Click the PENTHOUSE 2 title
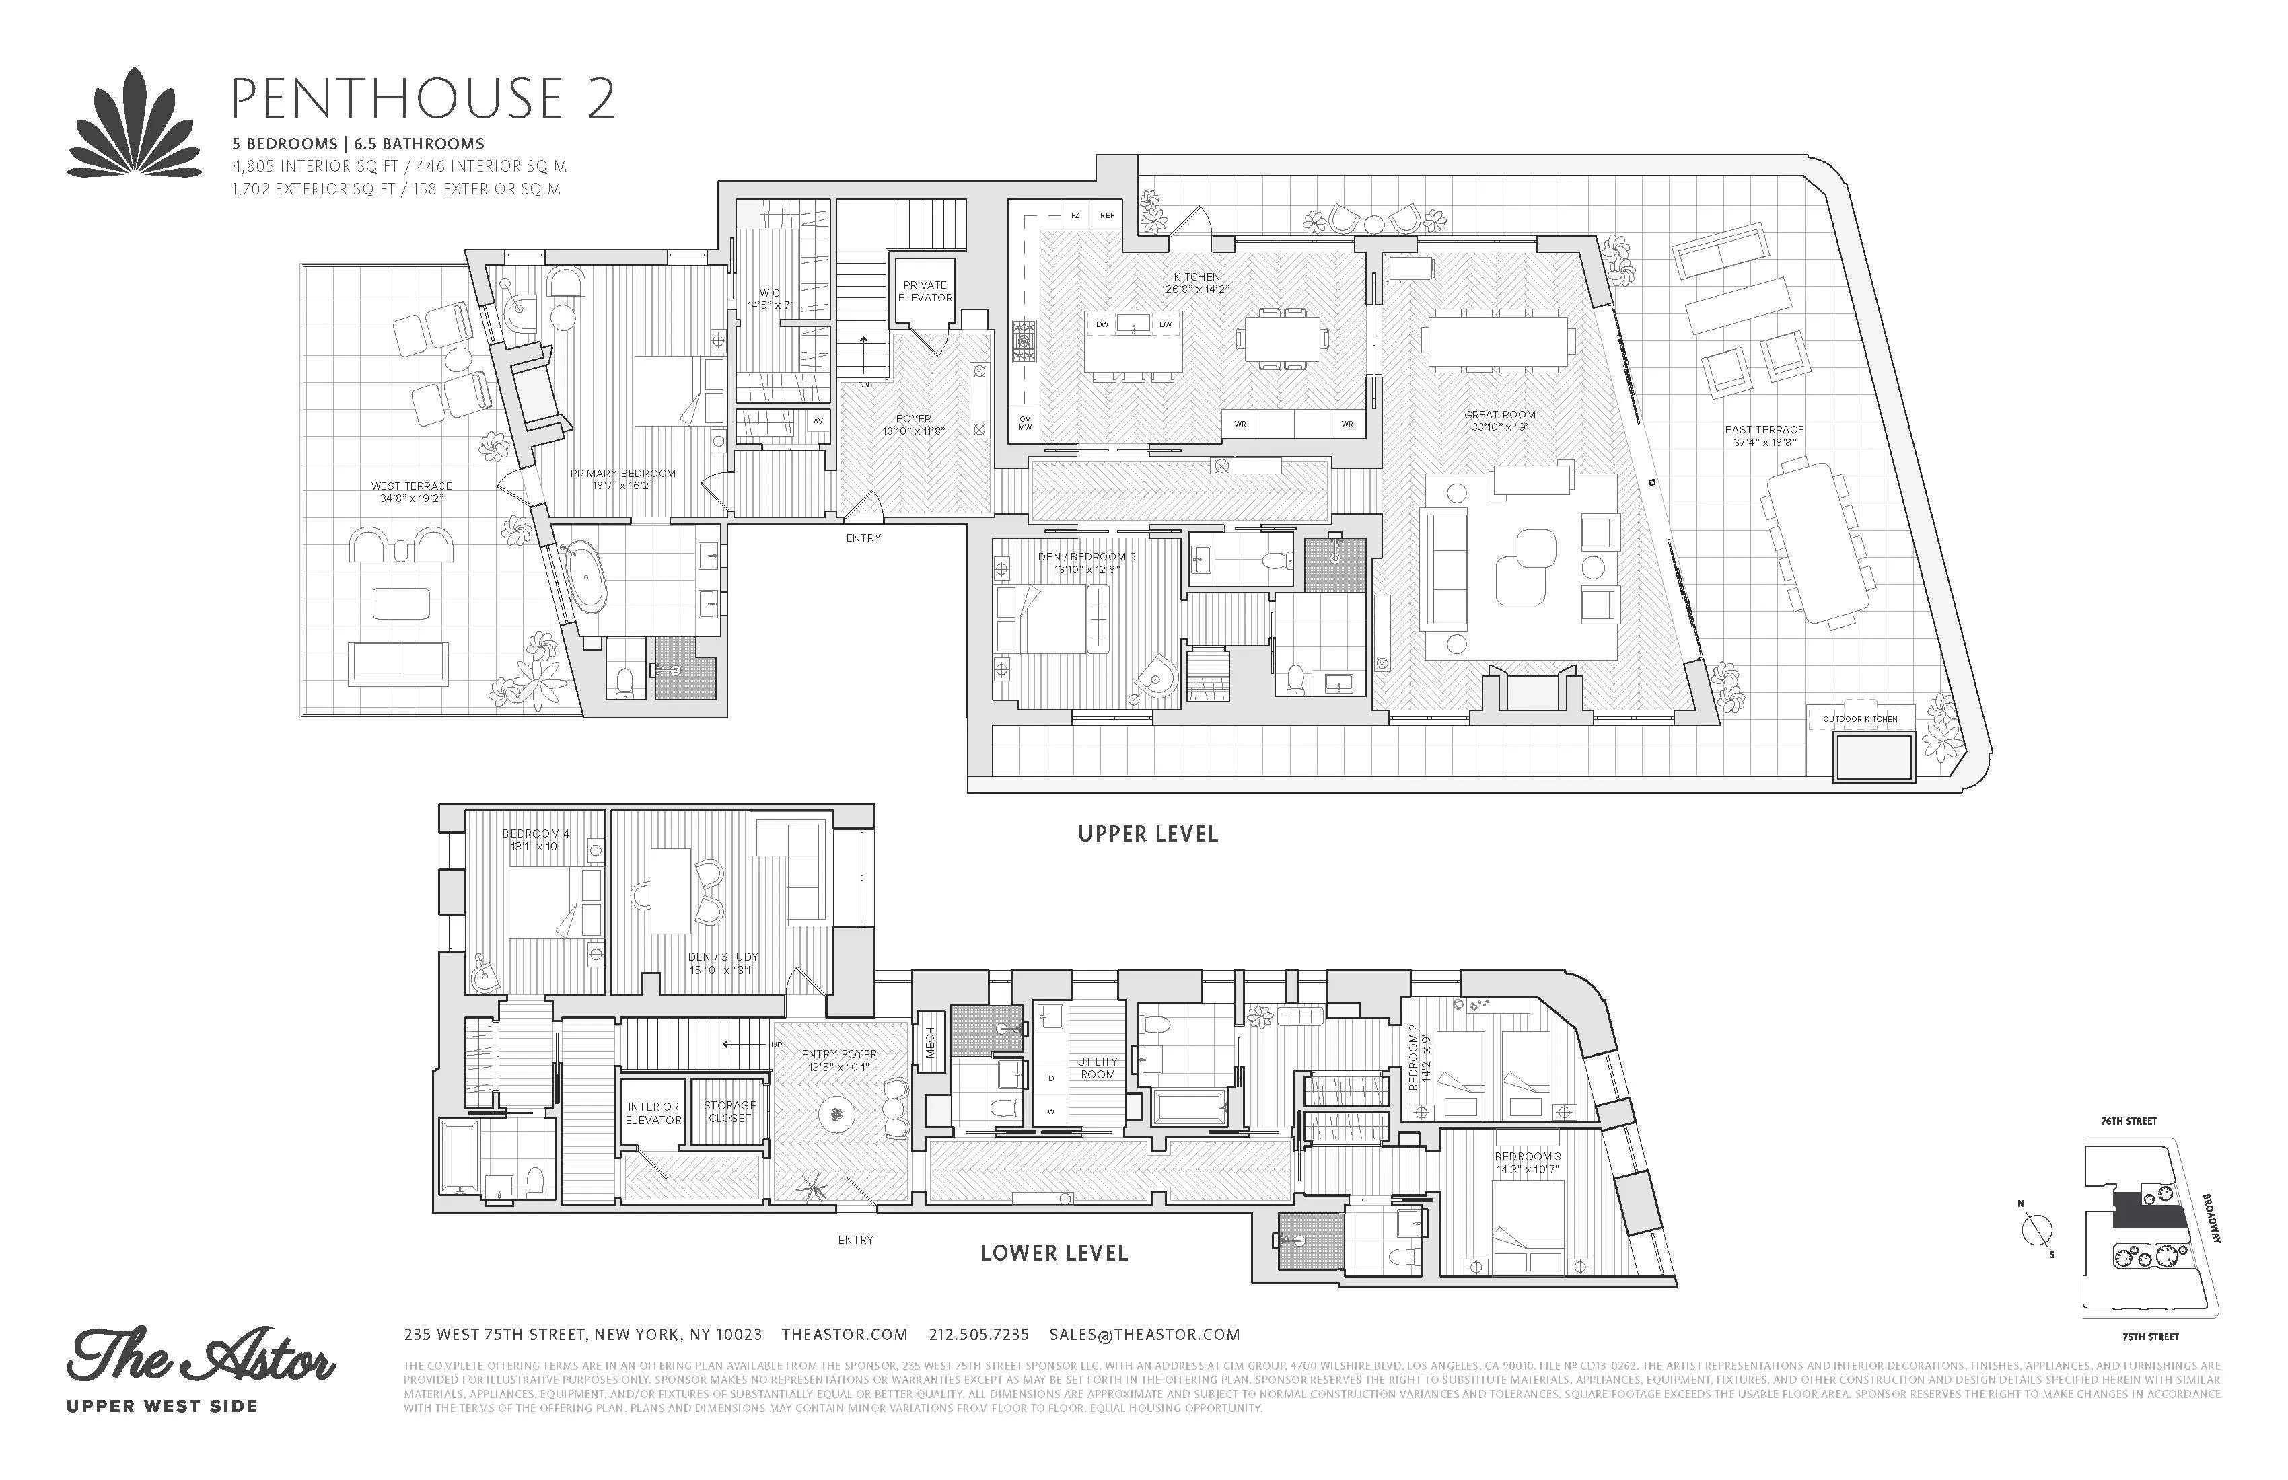click(x=423, y=98)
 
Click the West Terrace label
click(x=411, y=492)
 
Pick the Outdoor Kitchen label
click(x=1860, y=719)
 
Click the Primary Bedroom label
click(x=623, y=478)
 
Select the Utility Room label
click(x=1097, y=1068)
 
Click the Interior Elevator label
click(x=653, y=1113)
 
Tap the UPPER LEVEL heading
click(x=1148, y=834)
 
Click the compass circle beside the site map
click(x=2037, y=1230)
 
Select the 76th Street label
click(x=2129, y=1121)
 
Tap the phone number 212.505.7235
click(x=978, y=1335)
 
